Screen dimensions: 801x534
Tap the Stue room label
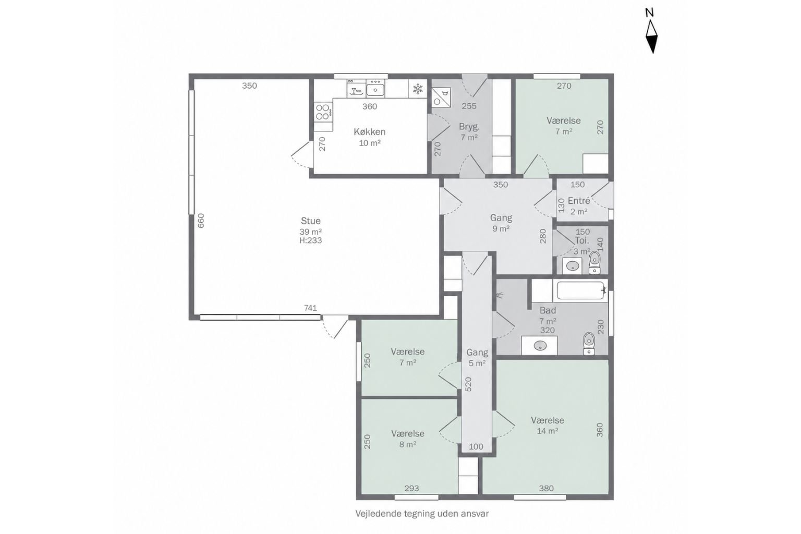click(310, 221)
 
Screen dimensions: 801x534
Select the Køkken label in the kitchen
click(370, 131)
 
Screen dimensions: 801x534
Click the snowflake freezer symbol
click(418, 89)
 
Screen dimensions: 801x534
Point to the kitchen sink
click(375, 88)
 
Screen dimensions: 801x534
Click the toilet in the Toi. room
click(594, 262)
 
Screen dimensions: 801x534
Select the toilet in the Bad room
click(589, 344)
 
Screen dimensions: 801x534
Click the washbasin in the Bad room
click(539, 346)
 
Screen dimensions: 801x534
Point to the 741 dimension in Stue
click(310, 308)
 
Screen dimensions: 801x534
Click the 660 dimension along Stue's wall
click(201, 221)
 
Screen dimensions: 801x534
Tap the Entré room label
click(579, 201)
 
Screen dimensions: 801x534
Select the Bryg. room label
click(469, 127)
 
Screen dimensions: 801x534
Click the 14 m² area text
click(548, 431)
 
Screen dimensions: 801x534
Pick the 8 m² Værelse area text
click(408, 445)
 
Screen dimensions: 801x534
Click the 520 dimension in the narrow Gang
click(468, 384)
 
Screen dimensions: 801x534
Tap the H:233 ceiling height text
click(310, 240)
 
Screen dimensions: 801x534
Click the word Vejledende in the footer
click(375, 514)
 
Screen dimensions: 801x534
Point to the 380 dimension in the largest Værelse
click(547, 488)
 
